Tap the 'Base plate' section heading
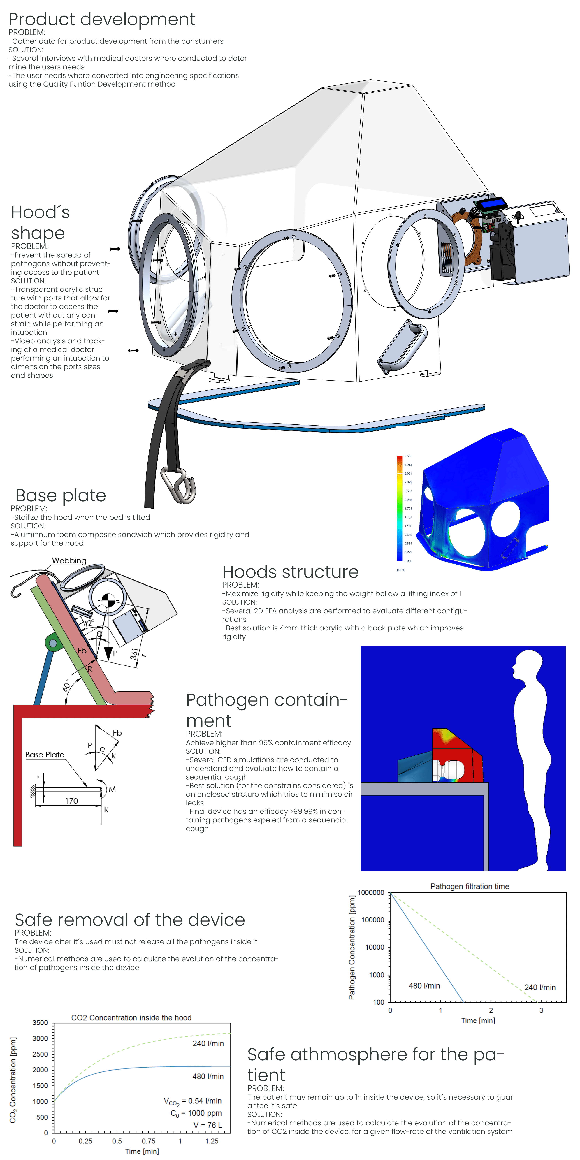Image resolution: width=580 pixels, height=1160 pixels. [61, 495]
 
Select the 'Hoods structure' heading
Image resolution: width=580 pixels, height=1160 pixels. [290, 572]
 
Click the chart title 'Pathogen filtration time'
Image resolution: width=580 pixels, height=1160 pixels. [470, 886]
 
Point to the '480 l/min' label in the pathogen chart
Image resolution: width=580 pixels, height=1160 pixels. [424, 986]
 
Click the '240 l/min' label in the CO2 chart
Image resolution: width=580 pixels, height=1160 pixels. [208, 1043]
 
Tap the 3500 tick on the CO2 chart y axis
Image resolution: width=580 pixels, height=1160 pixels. [40, 1023]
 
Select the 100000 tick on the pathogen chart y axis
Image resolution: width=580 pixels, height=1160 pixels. [372, 920]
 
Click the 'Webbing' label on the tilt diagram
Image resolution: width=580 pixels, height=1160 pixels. [69, 561]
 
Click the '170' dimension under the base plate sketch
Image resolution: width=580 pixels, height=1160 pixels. [72, 801]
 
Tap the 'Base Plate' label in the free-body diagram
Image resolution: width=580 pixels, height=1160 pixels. [45, 755]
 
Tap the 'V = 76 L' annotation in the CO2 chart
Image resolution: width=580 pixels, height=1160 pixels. [208, 1125]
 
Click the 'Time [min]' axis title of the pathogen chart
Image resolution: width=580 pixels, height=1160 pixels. [478, 1020]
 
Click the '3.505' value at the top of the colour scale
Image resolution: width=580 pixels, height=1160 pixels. [408, 456]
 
